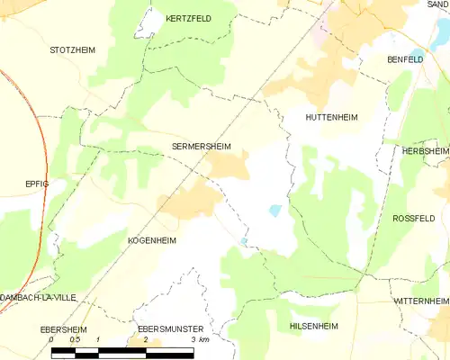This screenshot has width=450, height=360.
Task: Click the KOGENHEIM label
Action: [x=151, y=241]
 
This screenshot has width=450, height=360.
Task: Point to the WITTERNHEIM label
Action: [x=420, y=299]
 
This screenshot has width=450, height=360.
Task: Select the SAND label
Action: [x=438, y=4]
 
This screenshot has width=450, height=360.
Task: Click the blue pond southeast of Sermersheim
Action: [x=275, y=211]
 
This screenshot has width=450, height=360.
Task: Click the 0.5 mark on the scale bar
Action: [x=75, y=341]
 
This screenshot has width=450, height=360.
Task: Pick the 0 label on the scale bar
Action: [x=52, y=341]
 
